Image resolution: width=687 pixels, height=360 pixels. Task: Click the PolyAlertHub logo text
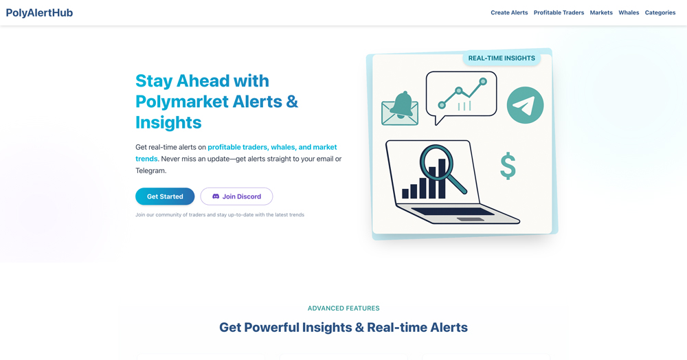39,12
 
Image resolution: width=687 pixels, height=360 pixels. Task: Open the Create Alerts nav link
509,12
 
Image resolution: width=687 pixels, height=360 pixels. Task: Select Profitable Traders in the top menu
559,12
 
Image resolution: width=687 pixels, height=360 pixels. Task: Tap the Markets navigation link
601,12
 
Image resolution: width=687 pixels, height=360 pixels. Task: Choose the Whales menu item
629,12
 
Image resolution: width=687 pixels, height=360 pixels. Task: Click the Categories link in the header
660,12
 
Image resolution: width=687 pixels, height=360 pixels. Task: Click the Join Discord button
236,196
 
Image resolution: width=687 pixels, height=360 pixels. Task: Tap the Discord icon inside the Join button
216,196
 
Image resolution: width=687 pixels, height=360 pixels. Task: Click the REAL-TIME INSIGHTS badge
502,58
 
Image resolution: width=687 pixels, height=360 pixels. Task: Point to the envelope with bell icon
400,109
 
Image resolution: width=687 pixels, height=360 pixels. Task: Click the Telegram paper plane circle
525,105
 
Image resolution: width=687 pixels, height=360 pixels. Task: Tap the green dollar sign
508,166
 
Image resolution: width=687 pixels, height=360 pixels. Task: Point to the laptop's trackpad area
470,219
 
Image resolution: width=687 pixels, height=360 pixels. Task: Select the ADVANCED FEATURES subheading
343,308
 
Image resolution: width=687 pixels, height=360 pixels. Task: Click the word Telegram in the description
150,171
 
